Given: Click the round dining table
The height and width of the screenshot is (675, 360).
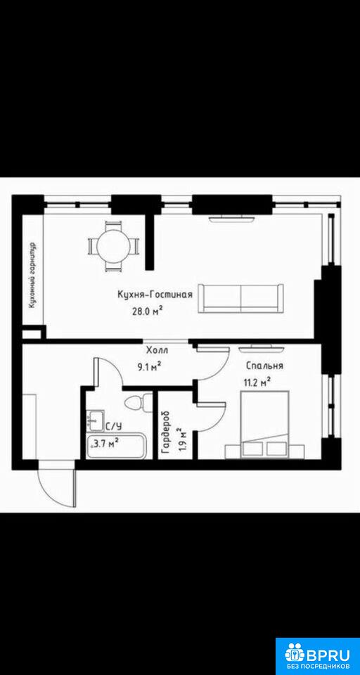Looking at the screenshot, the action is (x=114, y=246).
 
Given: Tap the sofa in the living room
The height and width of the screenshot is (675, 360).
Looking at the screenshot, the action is (x=240, y=298).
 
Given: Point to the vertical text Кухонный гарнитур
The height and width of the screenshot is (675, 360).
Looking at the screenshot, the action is (x=32, y=275).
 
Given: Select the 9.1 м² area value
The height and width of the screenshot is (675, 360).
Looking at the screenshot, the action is (x=150, y=366).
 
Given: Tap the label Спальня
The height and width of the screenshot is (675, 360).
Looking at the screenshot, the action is (x=264, y=366).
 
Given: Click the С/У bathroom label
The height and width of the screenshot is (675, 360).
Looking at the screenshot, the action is (x=114, y=426).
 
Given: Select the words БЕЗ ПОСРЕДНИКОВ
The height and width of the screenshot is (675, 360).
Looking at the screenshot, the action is (x=317, y=668).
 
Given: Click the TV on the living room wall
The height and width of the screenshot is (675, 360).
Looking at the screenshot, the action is (x=231, y=219).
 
